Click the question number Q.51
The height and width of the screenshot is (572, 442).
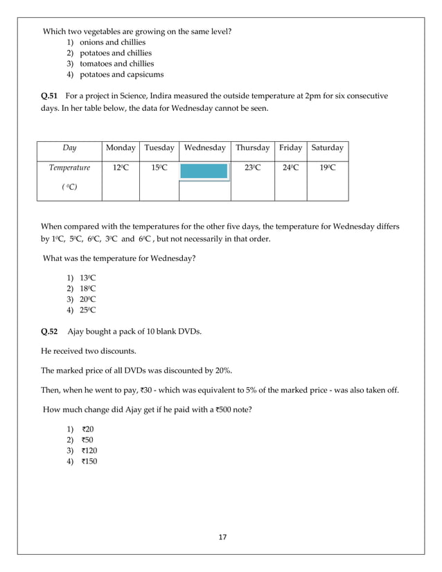(51, 95)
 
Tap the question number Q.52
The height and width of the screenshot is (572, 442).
(51, 331)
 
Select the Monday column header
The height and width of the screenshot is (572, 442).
(121, 148)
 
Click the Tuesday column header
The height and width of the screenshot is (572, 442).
(159, 148)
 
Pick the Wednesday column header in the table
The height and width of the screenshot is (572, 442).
(204, 148)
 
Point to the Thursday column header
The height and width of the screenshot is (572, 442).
(252, 148)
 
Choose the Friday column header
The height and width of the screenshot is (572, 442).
(290, 148)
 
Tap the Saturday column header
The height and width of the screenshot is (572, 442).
(327, 148)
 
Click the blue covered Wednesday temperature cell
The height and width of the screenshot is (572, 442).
(204, 170)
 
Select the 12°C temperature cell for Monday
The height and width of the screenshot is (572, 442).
(121, 168)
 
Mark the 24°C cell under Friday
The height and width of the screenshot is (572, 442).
(290, 168)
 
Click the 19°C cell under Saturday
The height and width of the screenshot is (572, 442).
(327, 168)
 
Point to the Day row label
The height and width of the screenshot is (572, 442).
(69, 148)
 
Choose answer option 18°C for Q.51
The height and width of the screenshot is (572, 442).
(87, 288)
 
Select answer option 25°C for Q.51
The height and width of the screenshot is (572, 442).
(87, 310)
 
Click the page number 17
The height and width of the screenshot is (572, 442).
(221, 537)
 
